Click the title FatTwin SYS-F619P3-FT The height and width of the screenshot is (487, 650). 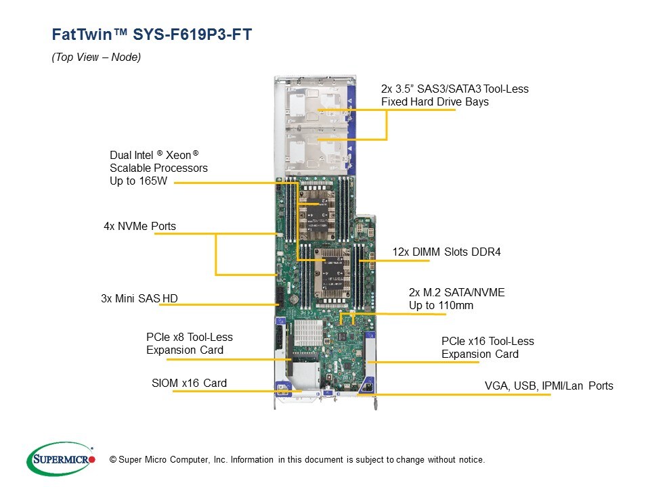point(152,34)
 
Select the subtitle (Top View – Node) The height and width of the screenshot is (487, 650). point(96,58)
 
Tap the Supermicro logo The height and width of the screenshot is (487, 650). point(61,459)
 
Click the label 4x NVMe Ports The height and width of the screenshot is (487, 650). point(139,226)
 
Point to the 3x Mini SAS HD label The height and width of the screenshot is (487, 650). point(139,298)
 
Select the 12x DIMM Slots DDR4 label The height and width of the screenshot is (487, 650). point(446,252)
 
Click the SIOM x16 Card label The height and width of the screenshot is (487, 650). point(189,384)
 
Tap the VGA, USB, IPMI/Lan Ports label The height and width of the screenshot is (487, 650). point(548,386)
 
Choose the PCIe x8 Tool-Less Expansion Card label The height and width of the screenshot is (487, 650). point(189,343)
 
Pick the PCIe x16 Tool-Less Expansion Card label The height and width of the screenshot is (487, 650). point(487,348)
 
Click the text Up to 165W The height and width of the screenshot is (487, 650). point(138,181)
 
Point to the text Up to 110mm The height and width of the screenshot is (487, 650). point(441,306)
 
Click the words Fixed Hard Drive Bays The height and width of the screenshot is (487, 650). point(435,102)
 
